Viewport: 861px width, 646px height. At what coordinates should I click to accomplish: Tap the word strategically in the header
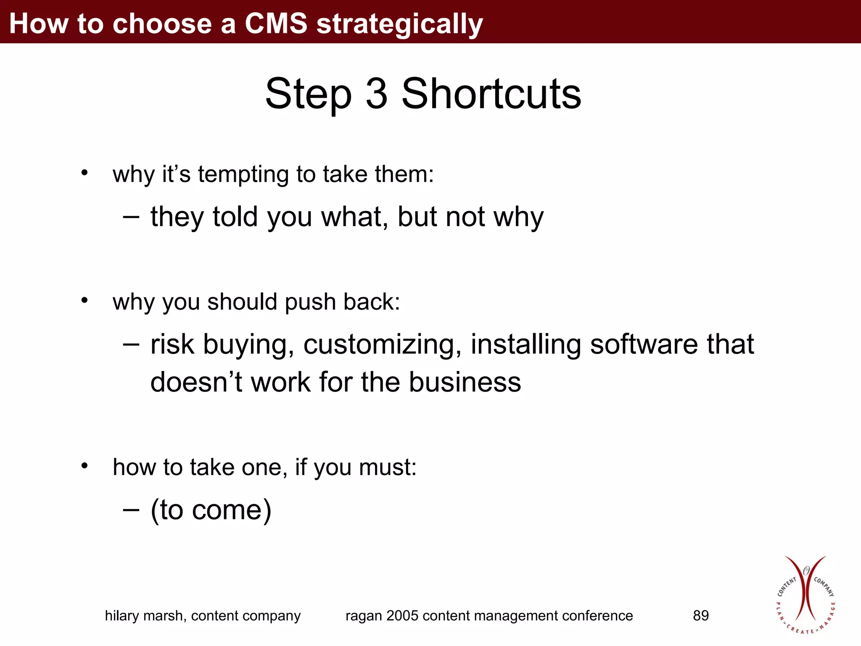pyautogui.click(x=399, y=24)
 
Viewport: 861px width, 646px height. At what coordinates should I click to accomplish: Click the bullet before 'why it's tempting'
pyautogui.click(x=85, y=172)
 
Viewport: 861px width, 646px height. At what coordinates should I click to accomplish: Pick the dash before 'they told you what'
pyautogui.click(x=131, y=216)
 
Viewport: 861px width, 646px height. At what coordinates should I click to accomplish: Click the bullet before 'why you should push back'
pyautogui.click(x=85, y=300)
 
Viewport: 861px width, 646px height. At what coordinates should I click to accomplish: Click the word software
pyautogui.click(x=644, y=344)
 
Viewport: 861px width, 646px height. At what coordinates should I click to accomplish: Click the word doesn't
pyautogui.click(x=196, y=382)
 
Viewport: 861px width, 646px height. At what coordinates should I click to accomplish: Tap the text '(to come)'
pyautogui.click(x=211, y=510)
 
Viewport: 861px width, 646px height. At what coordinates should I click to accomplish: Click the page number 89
pyautogui.click(x=700, y=616)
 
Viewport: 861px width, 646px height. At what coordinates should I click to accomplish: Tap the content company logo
pyautogui.click(x=805, y=595)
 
